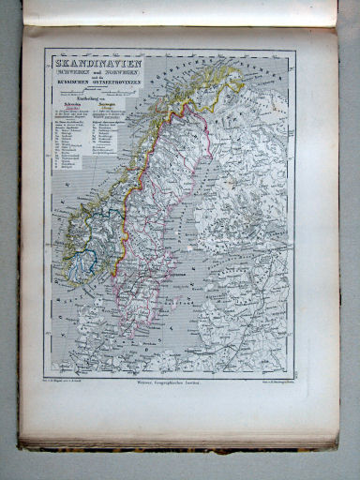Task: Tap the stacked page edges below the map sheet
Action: (x=178, y=438)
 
